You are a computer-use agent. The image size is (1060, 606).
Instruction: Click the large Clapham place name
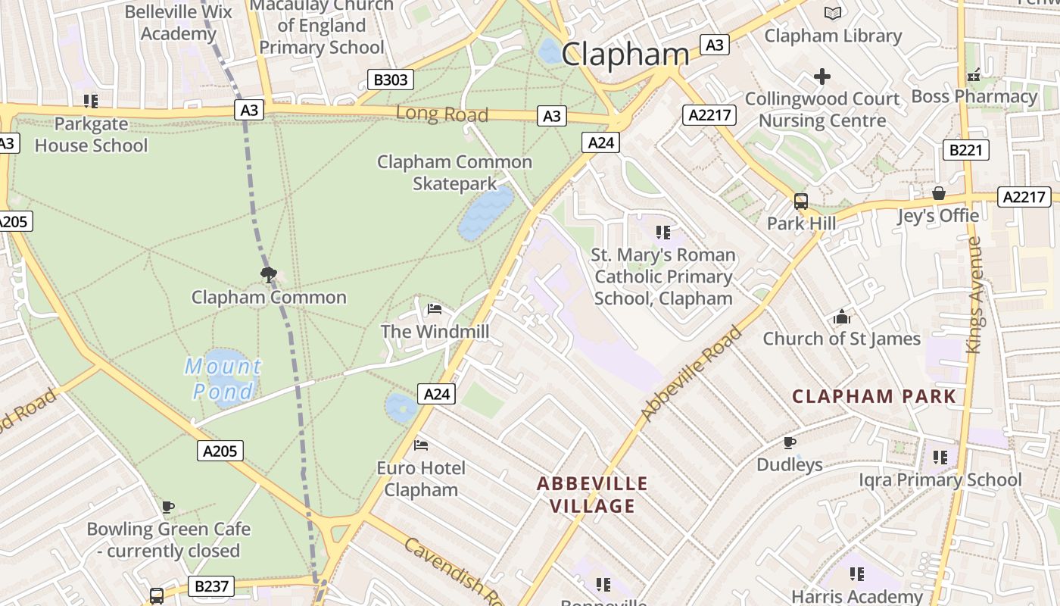625,54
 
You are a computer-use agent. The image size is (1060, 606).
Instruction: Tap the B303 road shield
391,80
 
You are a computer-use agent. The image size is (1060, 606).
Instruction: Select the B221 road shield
965,150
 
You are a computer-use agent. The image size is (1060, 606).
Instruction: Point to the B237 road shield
210,586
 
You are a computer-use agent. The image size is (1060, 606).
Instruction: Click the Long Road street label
442,114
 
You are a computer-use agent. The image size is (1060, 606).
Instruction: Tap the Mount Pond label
223,379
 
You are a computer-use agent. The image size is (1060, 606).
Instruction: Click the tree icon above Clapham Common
268,274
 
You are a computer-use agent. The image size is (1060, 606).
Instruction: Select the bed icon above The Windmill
435,308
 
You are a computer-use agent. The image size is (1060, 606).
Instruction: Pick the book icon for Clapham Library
832,13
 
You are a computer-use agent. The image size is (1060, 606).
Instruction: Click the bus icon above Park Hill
801,201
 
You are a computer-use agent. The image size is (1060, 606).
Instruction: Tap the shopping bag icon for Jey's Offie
939,193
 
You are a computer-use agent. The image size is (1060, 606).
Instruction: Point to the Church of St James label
841,339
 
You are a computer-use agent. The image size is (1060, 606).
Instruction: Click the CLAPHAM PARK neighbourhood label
874,396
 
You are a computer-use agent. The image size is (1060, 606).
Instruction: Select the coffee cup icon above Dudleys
789,442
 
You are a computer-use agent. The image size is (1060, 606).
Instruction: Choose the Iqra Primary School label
940,479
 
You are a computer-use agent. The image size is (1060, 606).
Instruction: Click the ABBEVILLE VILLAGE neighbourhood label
592,495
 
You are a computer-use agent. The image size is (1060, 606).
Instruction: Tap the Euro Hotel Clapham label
421,479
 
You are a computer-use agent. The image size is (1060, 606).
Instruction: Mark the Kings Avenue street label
974,295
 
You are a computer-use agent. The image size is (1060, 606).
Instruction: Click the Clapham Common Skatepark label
454,173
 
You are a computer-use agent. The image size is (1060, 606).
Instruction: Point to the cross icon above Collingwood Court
821,77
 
